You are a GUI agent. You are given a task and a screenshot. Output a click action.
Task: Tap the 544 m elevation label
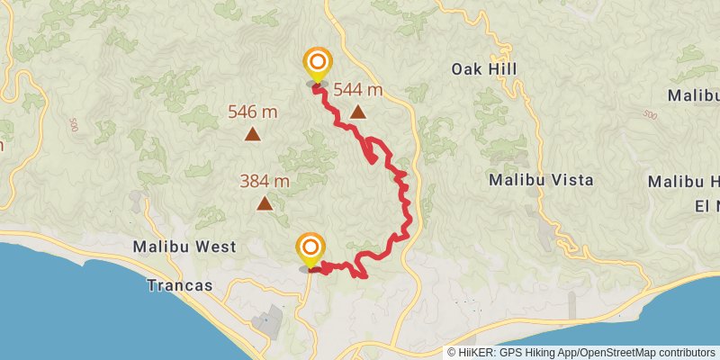(x=358, y=89)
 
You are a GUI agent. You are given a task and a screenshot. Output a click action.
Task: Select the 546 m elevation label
(x=253, y=112)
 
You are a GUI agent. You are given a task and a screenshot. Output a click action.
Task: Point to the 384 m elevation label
(x=265, y=181)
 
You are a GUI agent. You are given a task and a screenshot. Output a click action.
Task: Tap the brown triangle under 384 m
(x=265, y=203)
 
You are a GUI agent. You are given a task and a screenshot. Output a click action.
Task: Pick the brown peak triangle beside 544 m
(x=359, y=112)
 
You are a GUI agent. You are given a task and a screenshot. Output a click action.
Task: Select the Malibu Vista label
(x=541, y=180)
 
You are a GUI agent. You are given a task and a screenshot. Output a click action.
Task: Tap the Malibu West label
(x=184, y=247)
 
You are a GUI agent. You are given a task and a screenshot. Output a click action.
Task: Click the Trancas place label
(x=182, y=285)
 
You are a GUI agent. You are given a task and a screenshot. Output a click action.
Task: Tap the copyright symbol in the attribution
(x=453, y=352)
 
